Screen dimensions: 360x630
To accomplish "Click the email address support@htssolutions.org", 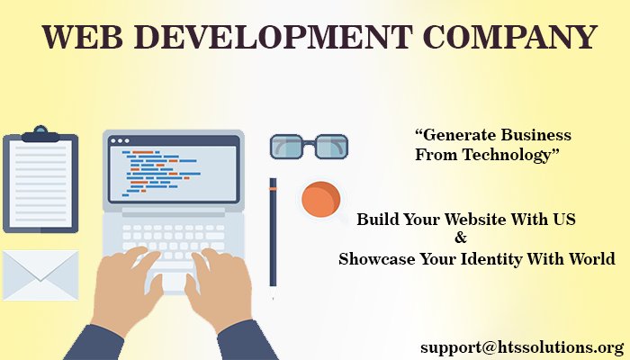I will click(x=521, y=346).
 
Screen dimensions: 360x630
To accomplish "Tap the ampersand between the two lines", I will click(x=461, y=238).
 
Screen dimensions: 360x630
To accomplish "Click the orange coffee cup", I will click(x=319, y=199).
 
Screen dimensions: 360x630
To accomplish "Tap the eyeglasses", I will click(x=309, y=146).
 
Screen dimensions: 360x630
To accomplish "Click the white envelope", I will click(x=40, y=274).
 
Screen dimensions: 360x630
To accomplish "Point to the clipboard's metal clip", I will click(x=40, y=135).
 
